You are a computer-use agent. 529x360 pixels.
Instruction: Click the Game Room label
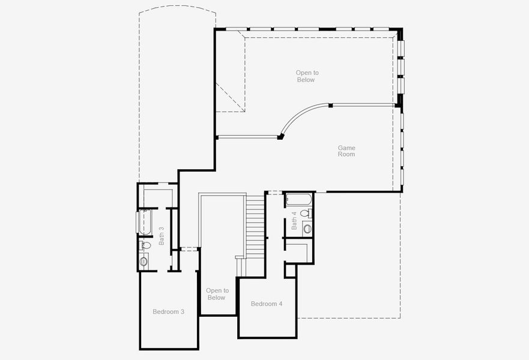pyautogui.click(x=346, y=151)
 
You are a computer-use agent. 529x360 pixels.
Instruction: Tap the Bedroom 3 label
pyautogui.click(x=168, y=311)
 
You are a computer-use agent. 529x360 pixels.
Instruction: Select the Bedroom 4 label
pyautogui.click(x=266, y=304)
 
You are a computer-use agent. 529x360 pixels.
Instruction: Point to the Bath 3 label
pyautogui.click(x=162, y=235)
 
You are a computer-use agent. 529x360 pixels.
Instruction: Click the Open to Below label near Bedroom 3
pyautogui.click(x=216, y=294)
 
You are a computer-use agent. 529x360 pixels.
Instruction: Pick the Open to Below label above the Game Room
pyautogui.click(x=307, y=76)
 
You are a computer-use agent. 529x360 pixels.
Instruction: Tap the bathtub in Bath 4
pyautogui.click(x=298, y=199)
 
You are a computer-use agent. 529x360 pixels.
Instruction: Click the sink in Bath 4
pyautogui.click(x=307, y=228)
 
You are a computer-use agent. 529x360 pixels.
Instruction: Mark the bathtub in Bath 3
pyautogui.click(x=144, y=222)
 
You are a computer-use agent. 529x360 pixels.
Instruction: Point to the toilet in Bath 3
pyautogui.click(x=145, y=245)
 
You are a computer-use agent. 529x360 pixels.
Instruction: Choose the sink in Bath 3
pyautogui.click(x=144, y=261)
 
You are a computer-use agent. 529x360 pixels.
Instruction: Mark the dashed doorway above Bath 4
pyautogui.click(x=274, y=192)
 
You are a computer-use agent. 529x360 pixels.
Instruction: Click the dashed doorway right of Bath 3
pyautogui.click(x=189, y=248)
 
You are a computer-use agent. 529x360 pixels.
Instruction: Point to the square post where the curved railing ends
pyautogui.click(x=280, y=137)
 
